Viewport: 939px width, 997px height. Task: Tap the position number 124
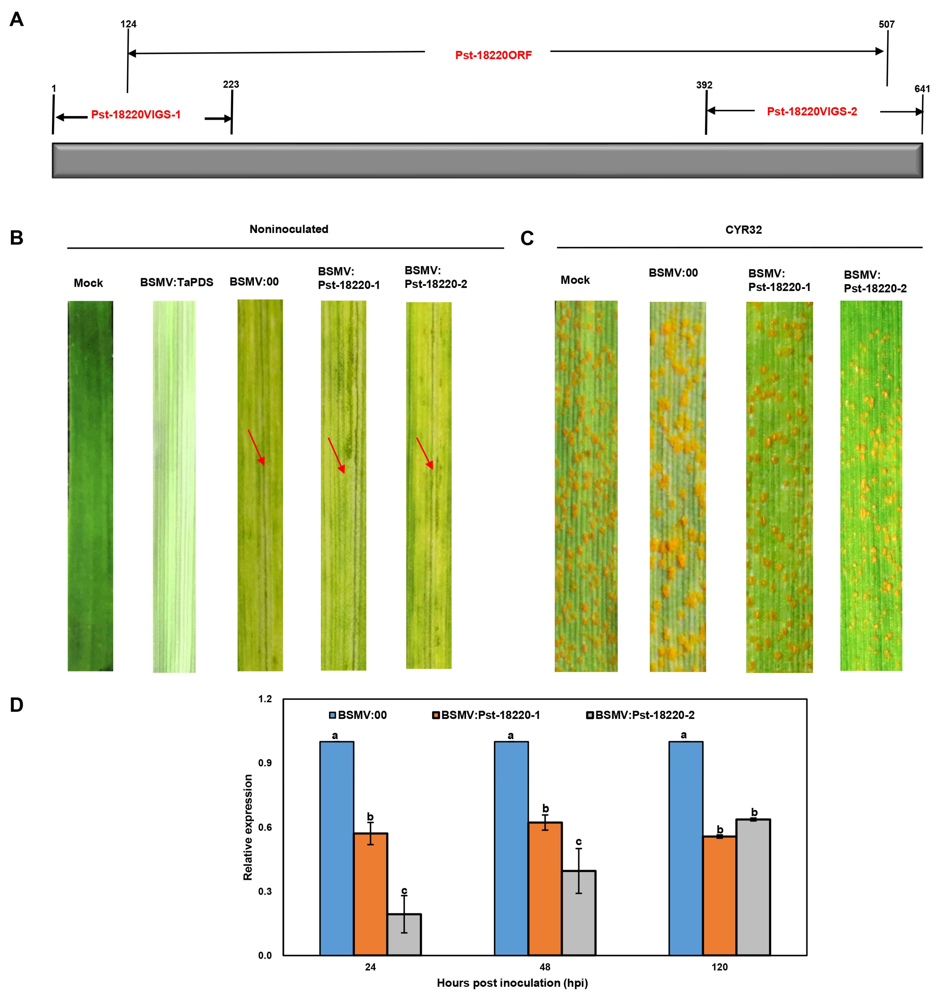pyautogui.click(x=128, y=24)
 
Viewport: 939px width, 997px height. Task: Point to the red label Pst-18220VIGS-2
pyautogui.click(x=811, y=111)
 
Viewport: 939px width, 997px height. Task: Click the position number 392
pyautogui.click(x=703, y=85)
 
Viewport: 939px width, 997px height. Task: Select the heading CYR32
pyautogui.click(x=743, y=230)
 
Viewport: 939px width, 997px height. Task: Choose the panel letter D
pyautogui.click(x=17, y=705)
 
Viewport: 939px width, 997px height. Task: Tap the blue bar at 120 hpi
pyautogui.click(x=685, y=848)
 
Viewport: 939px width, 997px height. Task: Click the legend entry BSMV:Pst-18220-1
pyautogui.click(x=486, y=715)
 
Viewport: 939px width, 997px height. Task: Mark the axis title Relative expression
pyautogui.click(x=248, y=827)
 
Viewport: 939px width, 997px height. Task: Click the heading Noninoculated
pyautogui.click(x=289, y=229)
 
